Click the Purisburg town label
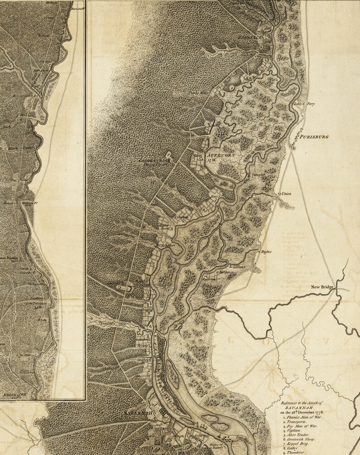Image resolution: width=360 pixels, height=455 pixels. tap(313, 136)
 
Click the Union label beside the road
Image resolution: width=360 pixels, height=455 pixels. tap(286, 194)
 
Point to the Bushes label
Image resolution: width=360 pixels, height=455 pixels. tap(266, 251)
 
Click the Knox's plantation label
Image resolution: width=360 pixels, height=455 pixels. tap(215, 197)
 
